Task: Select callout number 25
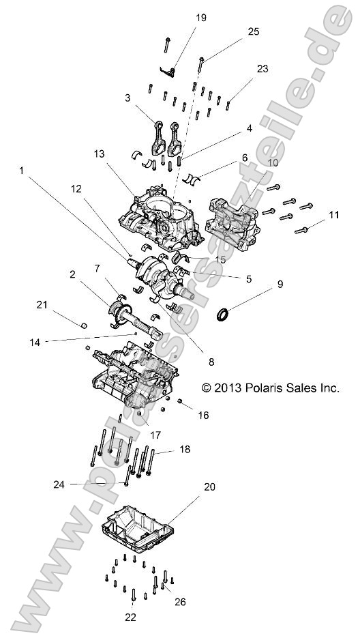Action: click(x=254, y=31)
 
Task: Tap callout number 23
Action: click(x=263, y=70)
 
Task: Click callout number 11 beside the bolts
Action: click(x=333, y=216)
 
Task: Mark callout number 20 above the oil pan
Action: click(x=209, y=487)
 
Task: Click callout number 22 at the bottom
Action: click(x=130, y=618)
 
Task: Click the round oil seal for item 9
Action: click(x=223, y=314)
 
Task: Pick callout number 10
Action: click(x=253, y=163)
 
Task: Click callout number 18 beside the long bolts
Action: click(x=185, y=449)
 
